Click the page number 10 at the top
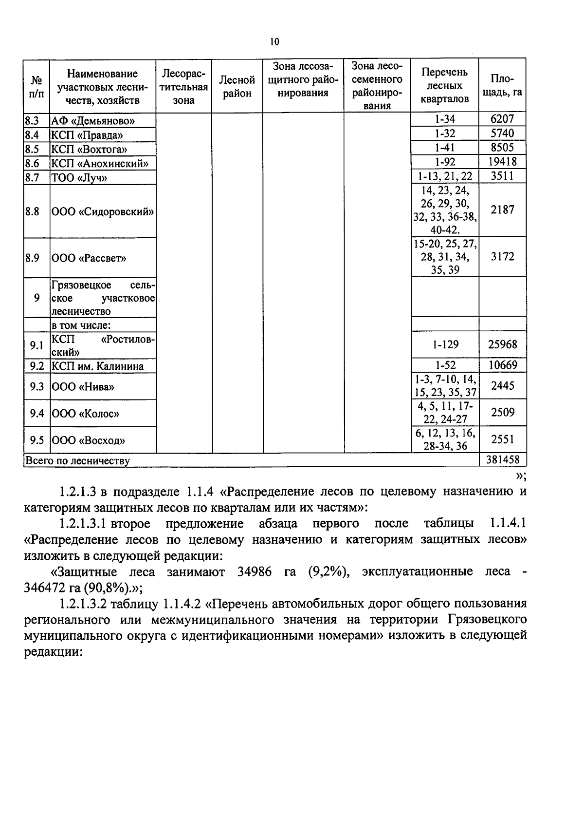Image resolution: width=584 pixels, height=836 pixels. [274, 42]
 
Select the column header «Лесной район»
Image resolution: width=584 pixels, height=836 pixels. [237, 86]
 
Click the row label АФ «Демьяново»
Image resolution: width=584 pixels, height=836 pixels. [93, 121]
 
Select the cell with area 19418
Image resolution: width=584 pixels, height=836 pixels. [502, 162]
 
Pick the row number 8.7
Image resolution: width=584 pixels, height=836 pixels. [32, 177]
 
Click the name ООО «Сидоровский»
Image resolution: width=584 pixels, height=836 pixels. [102, 212]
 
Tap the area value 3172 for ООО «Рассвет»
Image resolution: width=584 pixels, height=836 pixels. [502, 257]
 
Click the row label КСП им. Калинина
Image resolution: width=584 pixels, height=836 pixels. [97, 366]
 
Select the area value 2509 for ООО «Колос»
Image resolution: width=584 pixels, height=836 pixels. [502, 413]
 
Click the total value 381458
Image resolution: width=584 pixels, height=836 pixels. [502, 459]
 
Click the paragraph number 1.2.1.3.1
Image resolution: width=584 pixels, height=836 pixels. [82, 524]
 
